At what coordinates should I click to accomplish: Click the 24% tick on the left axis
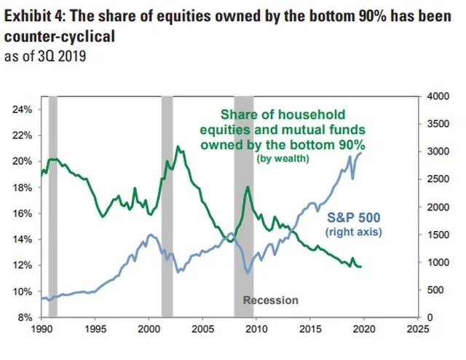pyautogui.click(x=21, y=109)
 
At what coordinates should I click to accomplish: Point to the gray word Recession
pyautogui.click(x=270, y=300)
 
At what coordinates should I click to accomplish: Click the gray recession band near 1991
pyautogui.click(x=52, y=204)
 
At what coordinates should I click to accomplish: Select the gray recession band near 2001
pyautogui.click(x=167, y=204)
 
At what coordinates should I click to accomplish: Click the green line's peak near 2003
pyautogui.click(x=177, y=146)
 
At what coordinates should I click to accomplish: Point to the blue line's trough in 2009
pyautogui.click(x=248, y=273)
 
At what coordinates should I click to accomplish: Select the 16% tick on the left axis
pyautogui.click(x=21, y=214)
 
